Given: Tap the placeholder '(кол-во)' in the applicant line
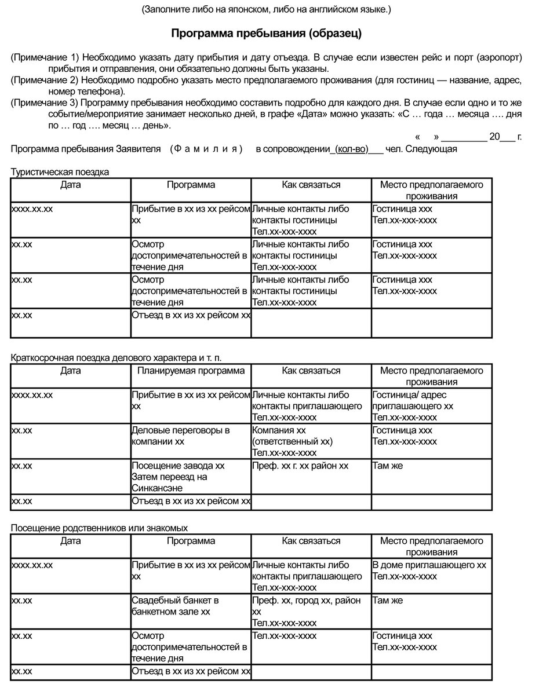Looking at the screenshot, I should click(x=352, y=149).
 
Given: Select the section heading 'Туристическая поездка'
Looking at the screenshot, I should click(x=60, y=172).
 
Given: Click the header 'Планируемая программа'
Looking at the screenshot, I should click(x=191, y=371).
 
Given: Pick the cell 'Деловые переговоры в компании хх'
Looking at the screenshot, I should click(x=181, y=436).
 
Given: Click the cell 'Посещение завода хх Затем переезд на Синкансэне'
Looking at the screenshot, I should click(x=178, y=477).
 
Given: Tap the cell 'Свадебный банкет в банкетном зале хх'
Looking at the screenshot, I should click(x=175, y=606).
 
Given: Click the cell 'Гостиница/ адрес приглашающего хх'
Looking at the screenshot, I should click(x=413, y=400).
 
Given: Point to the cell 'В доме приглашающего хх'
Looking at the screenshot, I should click(x=429, y=565).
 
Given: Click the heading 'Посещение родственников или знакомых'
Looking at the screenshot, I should click(x=99, y=528).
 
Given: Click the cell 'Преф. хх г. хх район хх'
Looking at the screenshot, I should click(x=300, y=466).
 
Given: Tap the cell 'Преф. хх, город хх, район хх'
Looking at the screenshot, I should click(x=307, y=606).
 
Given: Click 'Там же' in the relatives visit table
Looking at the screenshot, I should click(x=387, y=601).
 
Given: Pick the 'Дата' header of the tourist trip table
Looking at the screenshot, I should click(x=70, y=185).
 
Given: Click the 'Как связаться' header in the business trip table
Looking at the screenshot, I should click(x=311, y=371).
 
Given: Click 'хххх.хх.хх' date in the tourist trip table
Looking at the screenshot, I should click(x=32, y=209).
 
